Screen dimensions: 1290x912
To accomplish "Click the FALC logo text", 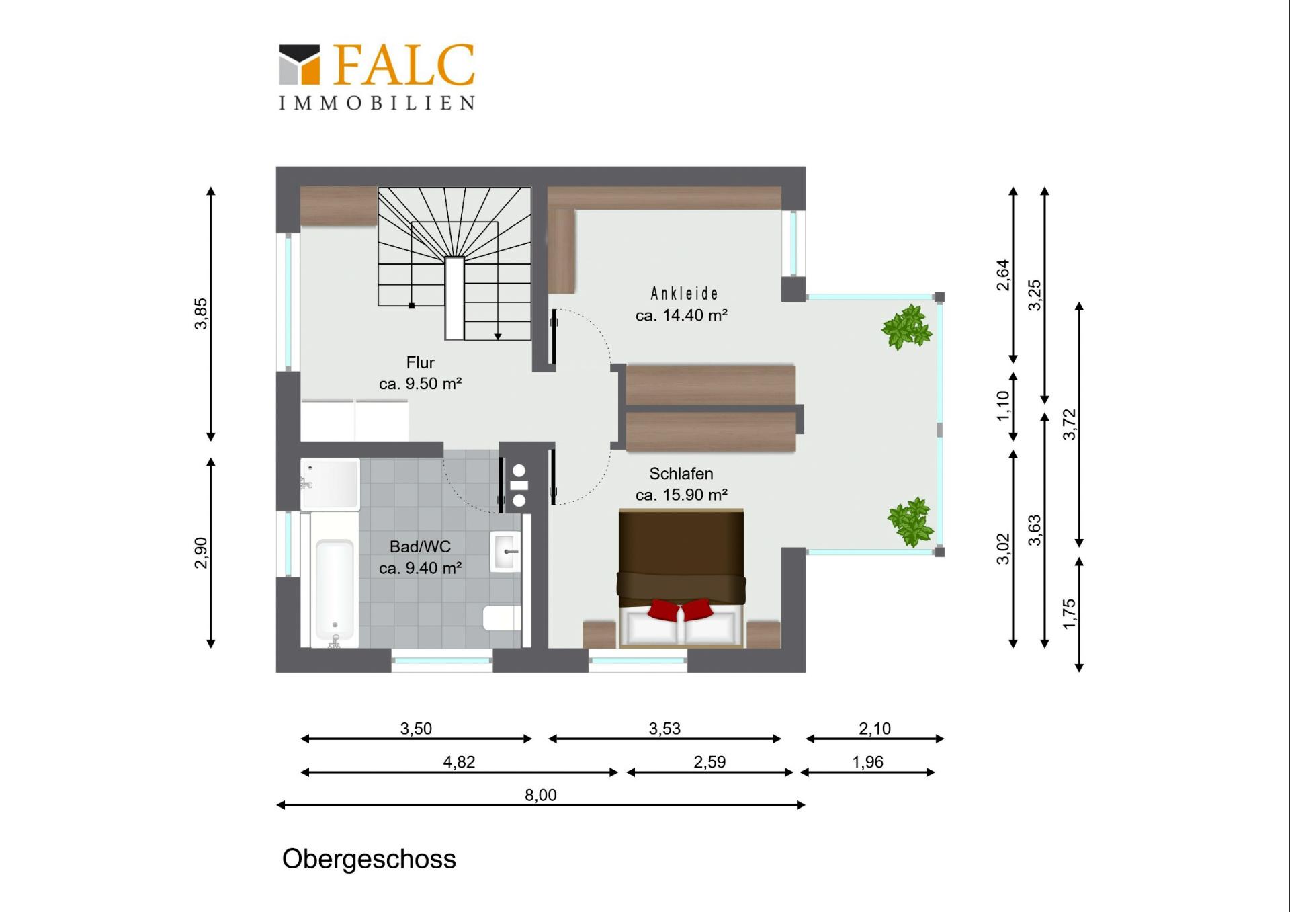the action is tap(404, 65).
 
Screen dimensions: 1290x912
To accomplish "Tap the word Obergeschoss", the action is tap(369, 859).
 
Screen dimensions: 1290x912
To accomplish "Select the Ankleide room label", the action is tap(684, 294).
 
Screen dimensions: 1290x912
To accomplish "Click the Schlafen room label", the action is tap(681, 474).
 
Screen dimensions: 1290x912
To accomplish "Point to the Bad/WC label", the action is tap(420, 547).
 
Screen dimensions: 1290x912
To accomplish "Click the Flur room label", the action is tap(421, 363).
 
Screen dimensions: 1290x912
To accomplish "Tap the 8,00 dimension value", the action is tap(541, 795).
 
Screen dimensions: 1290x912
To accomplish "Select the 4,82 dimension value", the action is tap(459, 762).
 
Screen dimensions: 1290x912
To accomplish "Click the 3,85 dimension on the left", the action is tap(201, 314).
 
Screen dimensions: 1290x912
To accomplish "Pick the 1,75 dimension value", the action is tap(1069, 614).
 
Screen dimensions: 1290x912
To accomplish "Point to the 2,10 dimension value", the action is tap(875, 729).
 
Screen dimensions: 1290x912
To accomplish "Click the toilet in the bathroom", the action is tap(502, 618).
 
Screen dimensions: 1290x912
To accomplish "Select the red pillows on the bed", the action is tap(680, 610).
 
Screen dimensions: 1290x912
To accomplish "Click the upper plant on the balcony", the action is tap(907, 327).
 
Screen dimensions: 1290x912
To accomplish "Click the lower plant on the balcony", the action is tap(911, 522).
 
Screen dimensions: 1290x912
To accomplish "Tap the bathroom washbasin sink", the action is tap(506, 552).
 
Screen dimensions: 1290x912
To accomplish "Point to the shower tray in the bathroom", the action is tap(330, 485).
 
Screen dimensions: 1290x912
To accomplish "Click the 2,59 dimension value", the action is tap(709, 762).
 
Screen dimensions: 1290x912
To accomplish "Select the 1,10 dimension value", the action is tap(1003, 406).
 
